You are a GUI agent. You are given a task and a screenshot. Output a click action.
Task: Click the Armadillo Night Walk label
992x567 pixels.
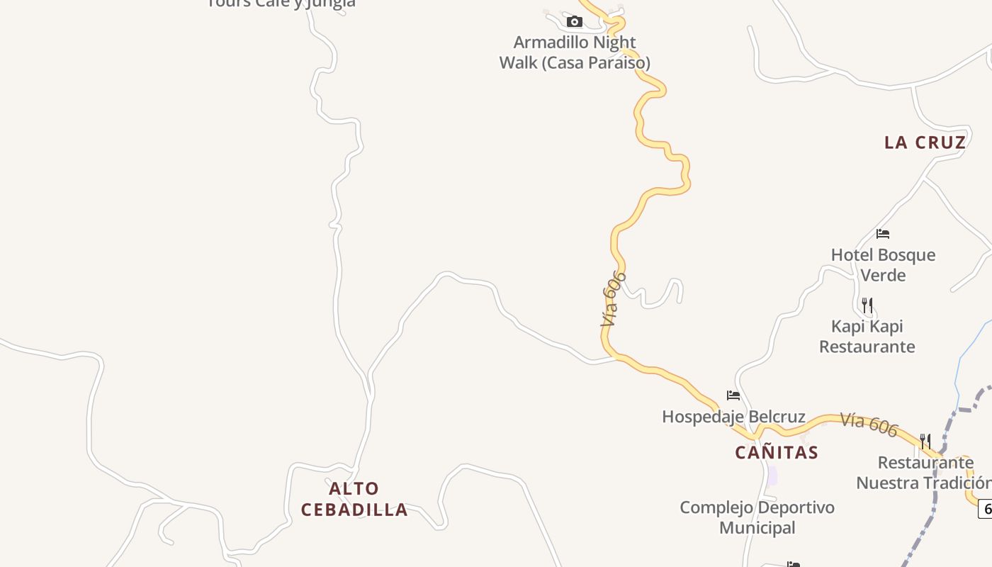pos(575,52)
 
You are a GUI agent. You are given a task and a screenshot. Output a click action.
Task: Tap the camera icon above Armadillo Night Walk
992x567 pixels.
pos(575,22)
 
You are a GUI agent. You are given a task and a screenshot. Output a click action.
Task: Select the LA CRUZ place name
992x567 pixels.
pos(925,142)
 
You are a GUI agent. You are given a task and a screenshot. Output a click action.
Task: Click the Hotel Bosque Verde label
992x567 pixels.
pos(883,264)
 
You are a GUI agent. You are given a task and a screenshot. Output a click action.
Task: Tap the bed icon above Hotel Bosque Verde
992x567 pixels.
pos(882,234)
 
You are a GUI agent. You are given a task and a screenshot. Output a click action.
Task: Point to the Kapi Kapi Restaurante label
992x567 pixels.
pos(867,336)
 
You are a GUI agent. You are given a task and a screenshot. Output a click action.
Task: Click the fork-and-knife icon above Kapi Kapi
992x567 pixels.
pos(867,305)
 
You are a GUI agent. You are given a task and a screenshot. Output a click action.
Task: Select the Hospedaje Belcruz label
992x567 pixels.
pos(733,417)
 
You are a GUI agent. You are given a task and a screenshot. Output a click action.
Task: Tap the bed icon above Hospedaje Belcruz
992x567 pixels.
pos(733,395)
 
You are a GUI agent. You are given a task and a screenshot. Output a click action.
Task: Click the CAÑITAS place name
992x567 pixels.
pos(777,452)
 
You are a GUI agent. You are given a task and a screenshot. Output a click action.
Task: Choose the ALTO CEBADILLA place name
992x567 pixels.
pos(354,499)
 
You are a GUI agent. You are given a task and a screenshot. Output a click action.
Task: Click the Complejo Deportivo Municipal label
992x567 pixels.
pos(757,517)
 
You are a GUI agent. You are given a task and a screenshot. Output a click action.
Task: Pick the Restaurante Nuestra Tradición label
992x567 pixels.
pos(924,473)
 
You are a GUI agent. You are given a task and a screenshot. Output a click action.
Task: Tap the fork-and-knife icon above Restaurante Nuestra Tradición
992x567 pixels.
pos(925,442)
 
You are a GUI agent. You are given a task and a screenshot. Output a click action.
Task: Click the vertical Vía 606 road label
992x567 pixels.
pos(613,299)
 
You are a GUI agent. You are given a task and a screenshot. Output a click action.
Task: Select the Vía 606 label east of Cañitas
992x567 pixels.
pos(869,425)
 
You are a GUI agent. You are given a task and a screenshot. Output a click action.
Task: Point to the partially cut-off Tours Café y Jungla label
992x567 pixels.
pos(281,4)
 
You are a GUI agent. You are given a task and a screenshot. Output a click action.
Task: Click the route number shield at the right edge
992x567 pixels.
pos(986,508)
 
